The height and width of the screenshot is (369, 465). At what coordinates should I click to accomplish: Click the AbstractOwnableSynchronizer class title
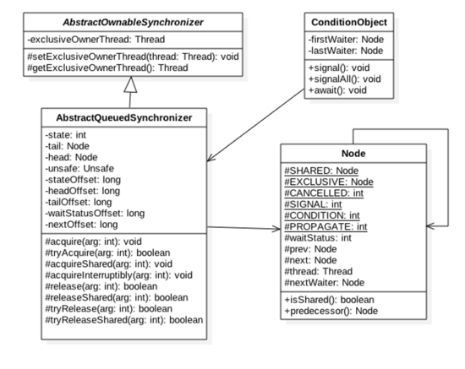(x=133, y=22)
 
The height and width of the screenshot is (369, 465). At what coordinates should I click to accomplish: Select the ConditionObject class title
(x=349, y=22)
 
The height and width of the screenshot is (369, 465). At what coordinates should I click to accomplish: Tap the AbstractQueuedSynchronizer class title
(x=124, y=118)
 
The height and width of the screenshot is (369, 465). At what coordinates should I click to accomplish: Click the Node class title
(x=353, y=154)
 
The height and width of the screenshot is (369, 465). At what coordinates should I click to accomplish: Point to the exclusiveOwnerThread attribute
(x=96, y=40)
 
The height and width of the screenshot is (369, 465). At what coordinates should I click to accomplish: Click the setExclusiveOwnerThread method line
(x=133, y=57)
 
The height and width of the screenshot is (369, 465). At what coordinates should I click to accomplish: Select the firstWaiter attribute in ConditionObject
(x=346, y=40)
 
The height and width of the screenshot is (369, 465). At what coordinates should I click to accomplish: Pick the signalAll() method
(x=345, y=79)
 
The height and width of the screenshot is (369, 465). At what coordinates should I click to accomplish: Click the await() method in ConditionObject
(x=337, y=90)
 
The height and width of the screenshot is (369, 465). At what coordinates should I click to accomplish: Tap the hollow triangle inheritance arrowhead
(x=130, y=84)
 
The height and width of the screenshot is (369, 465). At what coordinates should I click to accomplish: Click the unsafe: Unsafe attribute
(x=79, y=169)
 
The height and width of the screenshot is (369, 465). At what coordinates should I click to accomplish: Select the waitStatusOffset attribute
(x=95, y=214)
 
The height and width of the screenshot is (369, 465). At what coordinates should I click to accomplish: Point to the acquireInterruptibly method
(x=119, y=275)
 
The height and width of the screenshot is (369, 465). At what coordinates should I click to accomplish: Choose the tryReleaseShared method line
(x=124, y=320)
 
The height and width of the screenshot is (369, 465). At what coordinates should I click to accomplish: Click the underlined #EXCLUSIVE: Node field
(x=329, y=182)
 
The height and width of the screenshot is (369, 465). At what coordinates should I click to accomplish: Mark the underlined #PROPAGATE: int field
(x=325, y=226)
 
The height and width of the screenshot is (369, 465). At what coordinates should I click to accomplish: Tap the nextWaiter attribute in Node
(x=325, y=283)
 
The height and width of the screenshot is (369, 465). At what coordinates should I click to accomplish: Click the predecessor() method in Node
(x=331, y=311)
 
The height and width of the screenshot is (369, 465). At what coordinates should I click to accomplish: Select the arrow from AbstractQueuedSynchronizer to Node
(x=243, y=228)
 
